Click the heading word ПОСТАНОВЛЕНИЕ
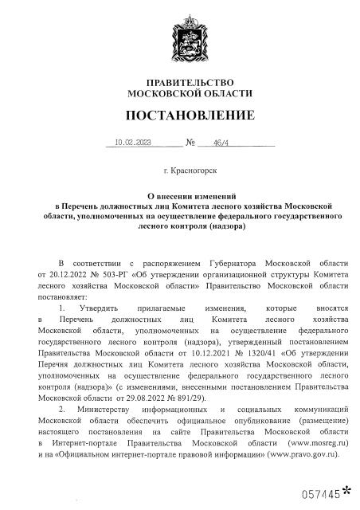click(180, 116)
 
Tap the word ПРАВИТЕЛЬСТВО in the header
click(180, 83)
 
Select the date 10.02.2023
click(132, 143)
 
